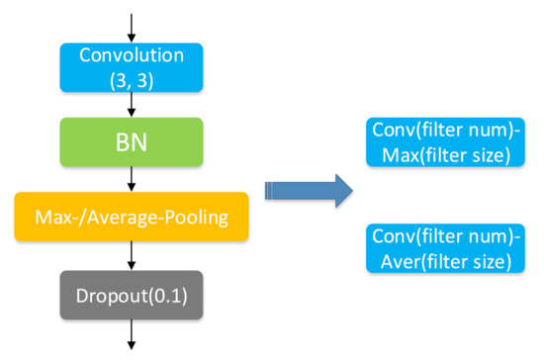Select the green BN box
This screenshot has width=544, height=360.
tap(132, 143)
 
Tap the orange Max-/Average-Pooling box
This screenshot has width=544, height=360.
tap(132, 217)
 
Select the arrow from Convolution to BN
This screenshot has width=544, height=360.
tap(132, 104)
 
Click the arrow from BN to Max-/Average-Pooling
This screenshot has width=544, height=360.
tap(132, 179)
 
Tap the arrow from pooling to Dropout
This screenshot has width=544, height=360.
tap(132, 255)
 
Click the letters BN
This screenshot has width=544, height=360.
tap(132, 143)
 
